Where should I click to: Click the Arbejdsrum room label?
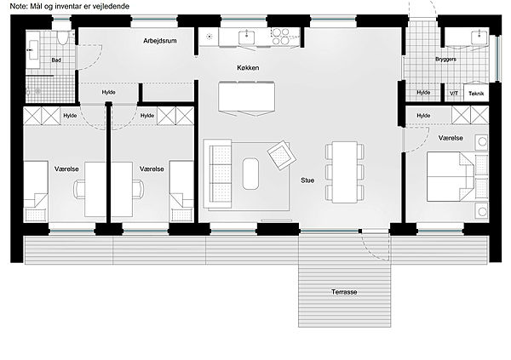(160, 41)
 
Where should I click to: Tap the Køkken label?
(248, 68)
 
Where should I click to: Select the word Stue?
(307, 180)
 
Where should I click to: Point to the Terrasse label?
(344, 292)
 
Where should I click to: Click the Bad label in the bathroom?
(56, 60)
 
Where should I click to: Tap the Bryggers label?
(445, 60)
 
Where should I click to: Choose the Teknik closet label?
(476, 94)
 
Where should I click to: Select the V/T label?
(454, 94)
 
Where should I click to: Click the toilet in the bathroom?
(62, 37)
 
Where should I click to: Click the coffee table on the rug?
(250, 174)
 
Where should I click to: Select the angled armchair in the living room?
(282, 155)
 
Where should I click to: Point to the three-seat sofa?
(217, 174)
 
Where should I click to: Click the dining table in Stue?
(345, 172)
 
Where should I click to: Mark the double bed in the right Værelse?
(450, 176)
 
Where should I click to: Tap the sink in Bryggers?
(479, 37)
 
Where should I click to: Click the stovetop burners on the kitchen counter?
(280, 36)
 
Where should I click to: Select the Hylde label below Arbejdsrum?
(108, 93)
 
